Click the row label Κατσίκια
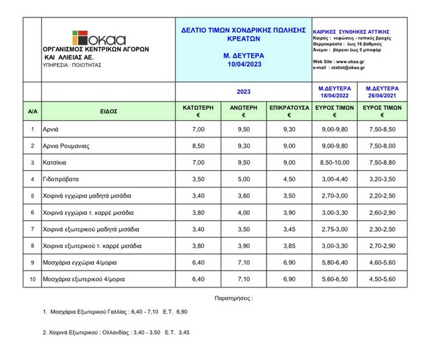(56, 162)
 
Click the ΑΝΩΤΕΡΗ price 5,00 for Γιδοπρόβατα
(243, 179)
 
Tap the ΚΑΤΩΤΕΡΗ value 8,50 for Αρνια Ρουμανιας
(197, 146)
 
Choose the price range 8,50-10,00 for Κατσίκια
(334, 162)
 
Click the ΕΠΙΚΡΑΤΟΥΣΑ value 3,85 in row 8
(289, 245)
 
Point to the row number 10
(32, 279)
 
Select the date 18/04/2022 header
(334, 95)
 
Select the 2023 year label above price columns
(243, 91)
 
